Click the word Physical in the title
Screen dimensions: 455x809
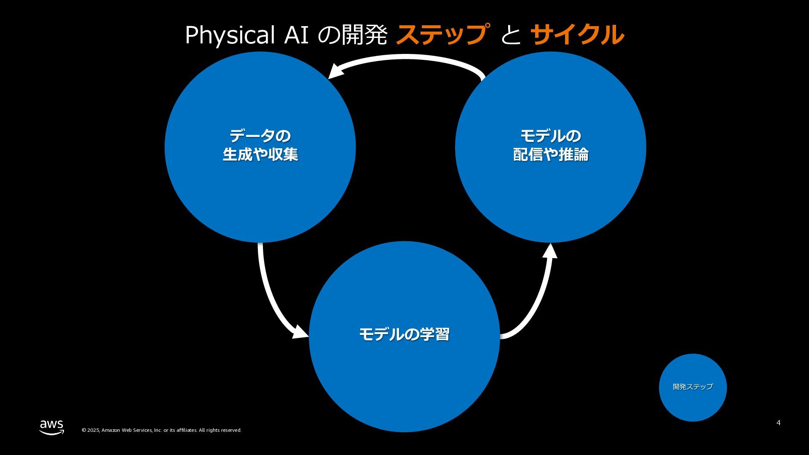click(x=230, y=35)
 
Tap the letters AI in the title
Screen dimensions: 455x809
click(x=296, y=35)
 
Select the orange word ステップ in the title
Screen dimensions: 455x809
click(x=442, y=35)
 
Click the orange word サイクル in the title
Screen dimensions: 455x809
click(x=577, y=35)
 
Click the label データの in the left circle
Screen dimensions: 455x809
click(x=260, y=136)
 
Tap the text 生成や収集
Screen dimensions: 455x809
click(x=260, y=155)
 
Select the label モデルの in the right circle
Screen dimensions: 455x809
click(x=550, y=136)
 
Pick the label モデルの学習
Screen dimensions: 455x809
click(x=404, y=335)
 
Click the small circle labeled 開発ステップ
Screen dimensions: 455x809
click(x=693, y=387)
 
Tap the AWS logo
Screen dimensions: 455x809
click(x=52, y=427)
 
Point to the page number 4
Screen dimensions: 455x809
click(x=778, y=423)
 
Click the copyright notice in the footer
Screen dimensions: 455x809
click(x=161, y=430)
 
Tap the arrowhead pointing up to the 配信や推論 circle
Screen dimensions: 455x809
click(x=550, y=251)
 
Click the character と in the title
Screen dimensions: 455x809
click(x=510, y=35)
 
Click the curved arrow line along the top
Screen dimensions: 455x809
click(x=404, y=57)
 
